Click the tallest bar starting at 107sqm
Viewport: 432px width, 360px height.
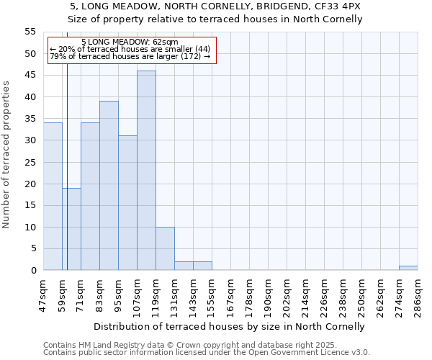point(146,171)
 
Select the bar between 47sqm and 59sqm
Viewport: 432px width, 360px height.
point(53,197)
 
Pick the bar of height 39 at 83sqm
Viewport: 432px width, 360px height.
point(109,186)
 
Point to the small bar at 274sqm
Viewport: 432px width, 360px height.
point(408,268)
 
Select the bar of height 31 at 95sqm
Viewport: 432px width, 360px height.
point(127,203)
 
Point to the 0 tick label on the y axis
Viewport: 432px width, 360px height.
point(32,271)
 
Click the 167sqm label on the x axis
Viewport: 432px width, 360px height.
point(230,296)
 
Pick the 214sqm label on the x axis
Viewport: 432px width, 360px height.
point(305,296)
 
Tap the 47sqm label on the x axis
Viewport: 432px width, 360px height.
point(43,296)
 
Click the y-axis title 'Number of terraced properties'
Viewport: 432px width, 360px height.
point(6,155)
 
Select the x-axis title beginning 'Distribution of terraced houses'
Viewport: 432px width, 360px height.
point(229,326)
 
